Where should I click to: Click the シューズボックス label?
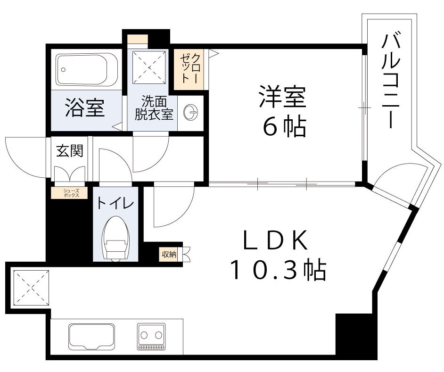pos(69,192)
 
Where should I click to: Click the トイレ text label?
pos(115,203)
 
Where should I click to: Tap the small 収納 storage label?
pos(169,255)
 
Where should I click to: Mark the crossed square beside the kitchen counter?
pos(31,287)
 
